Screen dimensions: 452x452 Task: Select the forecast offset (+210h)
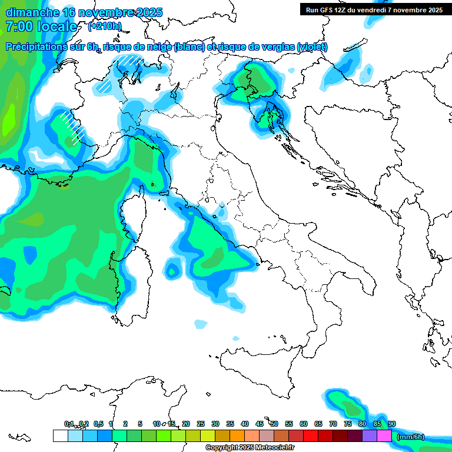[104, 26]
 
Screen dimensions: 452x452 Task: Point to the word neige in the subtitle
[159, 47]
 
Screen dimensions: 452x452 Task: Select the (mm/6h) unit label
[410, 437]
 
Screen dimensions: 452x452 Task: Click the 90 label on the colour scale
[391, 424]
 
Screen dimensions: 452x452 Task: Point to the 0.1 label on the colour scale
[69, 424]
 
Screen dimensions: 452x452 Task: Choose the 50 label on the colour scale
[274, 424]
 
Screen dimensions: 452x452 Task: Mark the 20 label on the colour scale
[186, 424]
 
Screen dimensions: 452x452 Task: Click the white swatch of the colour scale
[60, 436]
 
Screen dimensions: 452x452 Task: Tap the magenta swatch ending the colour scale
[384, 436]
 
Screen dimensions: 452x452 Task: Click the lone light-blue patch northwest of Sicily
[201, 324]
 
